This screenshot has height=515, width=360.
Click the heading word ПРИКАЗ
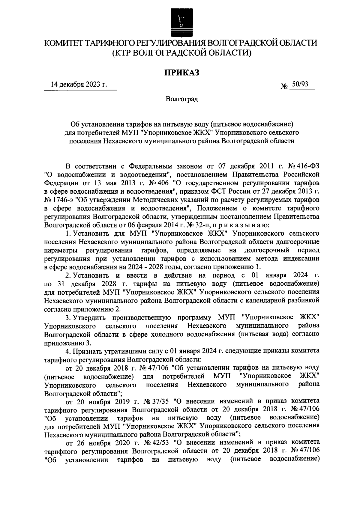click(181, 73)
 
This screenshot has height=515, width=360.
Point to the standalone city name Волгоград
click(182, 99)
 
